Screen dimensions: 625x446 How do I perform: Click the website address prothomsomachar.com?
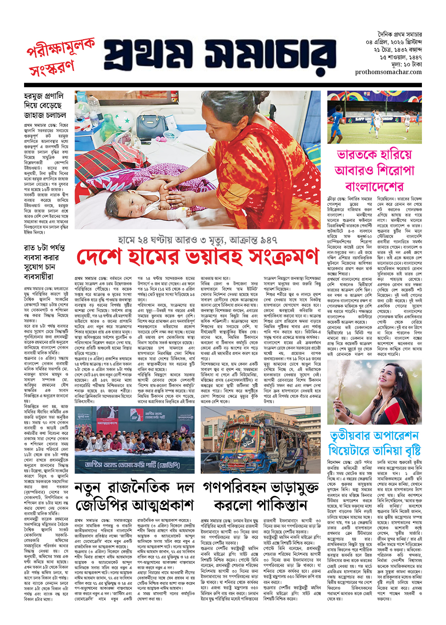(x=388, y=72)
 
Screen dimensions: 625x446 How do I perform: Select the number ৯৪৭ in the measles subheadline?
(x=267, y=240)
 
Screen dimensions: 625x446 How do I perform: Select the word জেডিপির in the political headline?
(x=102, y=505)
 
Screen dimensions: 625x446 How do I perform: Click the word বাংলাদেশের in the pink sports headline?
(x=374, y=186)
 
